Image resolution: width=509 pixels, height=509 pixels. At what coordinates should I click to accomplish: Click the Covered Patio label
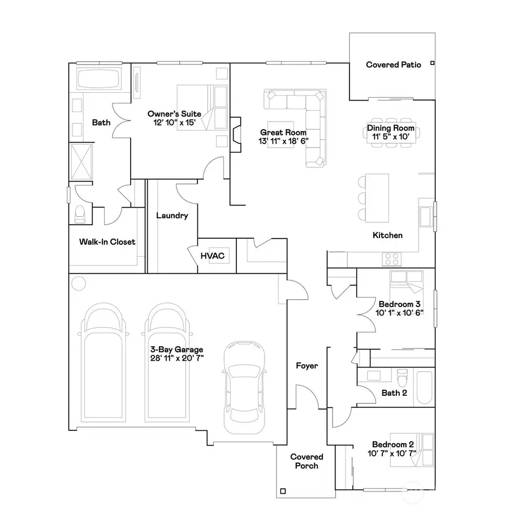[394, 65]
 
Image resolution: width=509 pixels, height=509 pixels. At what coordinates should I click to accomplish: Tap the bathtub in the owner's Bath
[98, 79]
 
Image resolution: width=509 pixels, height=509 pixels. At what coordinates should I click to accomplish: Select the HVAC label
[213, 256]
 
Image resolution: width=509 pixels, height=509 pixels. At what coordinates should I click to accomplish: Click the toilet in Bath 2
[402, 378]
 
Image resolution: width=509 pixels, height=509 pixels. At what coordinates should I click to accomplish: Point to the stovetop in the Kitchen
[392, 259]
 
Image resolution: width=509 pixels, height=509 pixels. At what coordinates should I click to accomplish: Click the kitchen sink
[425, 217]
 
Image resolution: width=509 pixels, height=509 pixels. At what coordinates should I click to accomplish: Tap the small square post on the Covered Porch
[283, 491]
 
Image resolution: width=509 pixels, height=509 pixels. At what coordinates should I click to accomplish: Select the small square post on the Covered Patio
[432, 63]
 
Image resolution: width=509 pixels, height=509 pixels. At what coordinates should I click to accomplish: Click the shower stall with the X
[81, 162]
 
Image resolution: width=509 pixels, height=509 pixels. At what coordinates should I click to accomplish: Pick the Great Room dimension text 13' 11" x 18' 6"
[283, 141]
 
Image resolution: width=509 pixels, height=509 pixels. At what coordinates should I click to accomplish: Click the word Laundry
[172, 215]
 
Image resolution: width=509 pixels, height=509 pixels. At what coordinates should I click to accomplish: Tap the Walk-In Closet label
[107, 242]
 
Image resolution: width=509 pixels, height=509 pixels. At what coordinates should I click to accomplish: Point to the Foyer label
[307, 366]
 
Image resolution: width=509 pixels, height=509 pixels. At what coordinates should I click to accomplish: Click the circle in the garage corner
[79, 283]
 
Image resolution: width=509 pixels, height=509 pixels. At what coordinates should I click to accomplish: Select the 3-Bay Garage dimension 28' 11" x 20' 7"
[177, 358]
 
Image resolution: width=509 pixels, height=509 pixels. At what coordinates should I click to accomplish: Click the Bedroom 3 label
[400, 304]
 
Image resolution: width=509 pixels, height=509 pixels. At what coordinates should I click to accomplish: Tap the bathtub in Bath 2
[424, 387]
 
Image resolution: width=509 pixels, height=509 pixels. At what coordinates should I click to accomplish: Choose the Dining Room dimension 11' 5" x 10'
[390, 137]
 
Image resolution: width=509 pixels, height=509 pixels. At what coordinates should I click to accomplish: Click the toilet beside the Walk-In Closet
[80, 214]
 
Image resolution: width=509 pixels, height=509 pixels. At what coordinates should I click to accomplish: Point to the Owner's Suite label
[174, 114]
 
